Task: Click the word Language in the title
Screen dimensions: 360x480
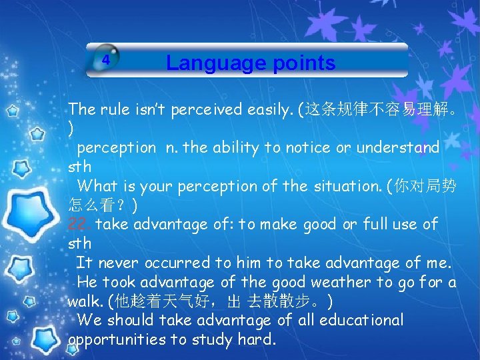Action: pyautogui.click(x=209, y=63)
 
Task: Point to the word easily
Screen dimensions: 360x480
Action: pyautogui.click(x=270, y=109)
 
